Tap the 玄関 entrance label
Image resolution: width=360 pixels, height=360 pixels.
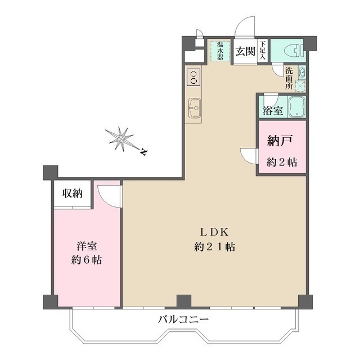(245, 52)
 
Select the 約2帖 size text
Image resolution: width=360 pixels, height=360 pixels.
(281, 163)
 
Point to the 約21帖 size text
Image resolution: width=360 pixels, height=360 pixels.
(214, 246)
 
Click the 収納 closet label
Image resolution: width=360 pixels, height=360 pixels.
(73, 194)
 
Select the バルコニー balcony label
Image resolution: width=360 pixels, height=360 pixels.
(183, 319)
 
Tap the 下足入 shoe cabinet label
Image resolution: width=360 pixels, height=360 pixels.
(263, 50)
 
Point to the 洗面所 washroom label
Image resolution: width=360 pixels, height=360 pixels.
(289, 78)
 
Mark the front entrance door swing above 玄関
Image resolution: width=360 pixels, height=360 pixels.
(245, 28)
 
